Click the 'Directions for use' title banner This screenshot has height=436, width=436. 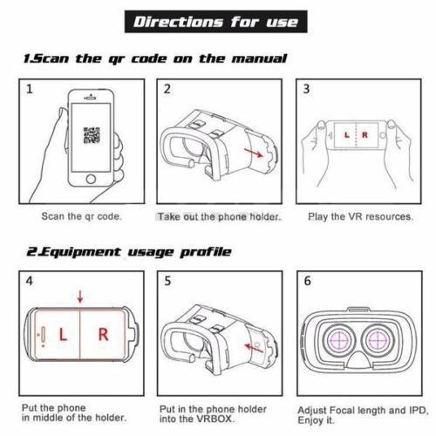click(x=216, y=22)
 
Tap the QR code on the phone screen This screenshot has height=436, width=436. click(x=92, y=135)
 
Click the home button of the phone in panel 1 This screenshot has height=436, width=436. click(x=91, y=179)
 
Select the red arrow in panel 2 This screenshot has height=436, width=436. click(x=254, y=153)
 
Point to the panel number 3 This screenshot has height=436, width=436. click(x=306, y=89)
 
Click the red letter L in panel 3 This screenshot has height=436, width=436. click(x=346, y=135)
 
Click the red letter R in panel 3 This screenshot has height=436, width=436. click(x=364, y=135)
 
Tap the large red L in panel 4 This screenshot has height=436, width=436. click(x=63, y=334)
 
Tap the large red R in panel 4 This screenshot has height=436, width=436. click(x=103, y=334)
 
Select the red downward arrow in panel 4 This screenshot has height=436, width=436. click(x=80, y=296)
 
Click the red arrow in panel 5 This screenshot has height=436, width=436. click(x=254, y=348)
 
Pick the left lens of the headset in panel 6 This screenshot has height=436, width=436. click(x=339, y=340)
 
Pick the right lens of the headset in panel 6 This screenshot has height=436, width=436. click(x=378, y=340)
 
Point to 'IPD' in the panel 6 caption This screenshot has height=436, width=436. click(x=418, y=411)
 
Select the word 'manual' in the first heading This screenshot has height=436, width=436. click(x=259, y=58)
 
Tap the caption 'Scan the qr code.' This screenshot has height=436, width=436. click(x=81, y=216)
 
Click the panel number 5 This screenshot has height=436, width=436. click(x=167, y=281)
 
